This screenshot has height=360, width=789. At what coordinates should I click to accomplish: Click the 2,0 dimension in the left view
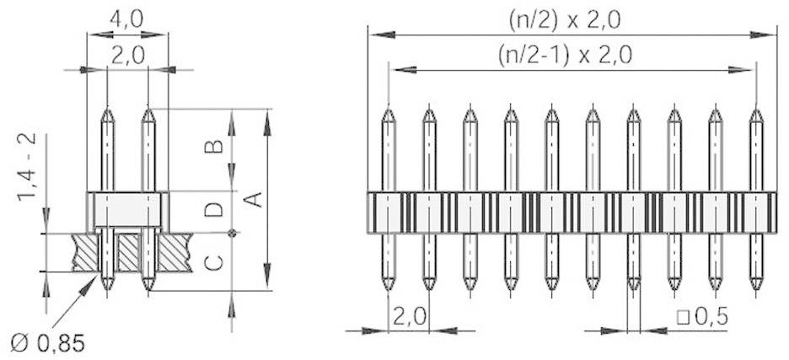[x=127, y=55]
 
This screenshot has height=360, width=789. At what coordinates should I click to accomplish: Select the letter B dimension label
[x=216, y=147]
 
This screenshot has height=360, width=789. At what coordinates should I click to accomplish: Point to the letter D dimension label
[x=216, y=210]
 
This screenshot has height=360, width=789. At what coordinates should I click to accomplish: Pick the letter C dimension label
[x=216, y=262]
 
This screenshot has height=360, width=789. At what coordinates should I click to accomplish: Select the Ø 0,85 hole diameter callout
[x=48, y=343]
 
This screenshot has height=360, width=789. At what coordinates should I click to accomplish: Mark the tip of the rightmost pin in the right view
[x=755, y=108]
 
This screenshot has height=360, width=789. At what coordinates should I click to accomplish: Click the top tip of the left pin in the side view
[x=107, y=108]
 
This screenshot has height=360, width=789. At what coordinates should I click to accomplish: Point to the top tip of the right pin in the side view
[x=148, y=108]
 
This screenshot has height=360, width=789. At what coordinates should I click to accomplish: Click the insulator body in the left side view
[x=127, y=209]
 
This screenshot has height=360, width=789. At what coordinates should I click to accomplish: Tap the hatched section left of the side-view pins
[x=86, y=251]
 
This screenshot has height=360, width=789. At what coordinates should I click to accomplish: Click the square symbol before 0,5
[x=682, y=318]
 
